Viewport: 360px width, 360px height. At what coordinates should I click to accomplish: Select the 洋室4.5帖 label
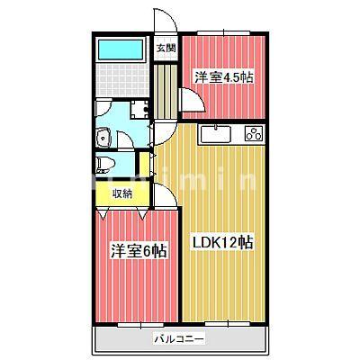(x=223, y=77)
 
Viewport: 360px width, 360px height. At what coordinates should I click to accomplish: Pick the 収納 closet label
(x=121, y=193)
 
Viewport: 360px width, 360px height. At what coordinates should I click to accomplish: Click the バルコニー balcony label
(x=178, y=339)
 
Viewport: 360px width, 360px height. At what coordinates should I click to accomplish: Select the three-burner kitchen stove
(x=251, y=135)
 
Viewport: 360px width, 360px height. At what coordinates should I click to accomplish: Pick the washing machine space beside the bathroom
(x=139, y=111)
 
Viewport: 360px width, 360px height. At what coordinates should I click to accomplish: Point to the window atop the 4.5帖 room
(x=223, y=34)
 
